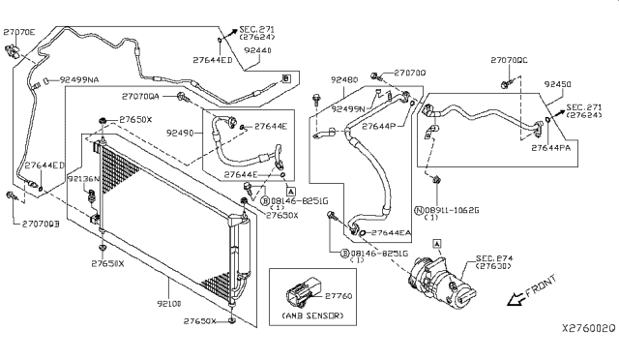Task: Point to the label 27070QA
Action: (141, 97)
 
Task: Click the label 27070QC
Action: (509, 60)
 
